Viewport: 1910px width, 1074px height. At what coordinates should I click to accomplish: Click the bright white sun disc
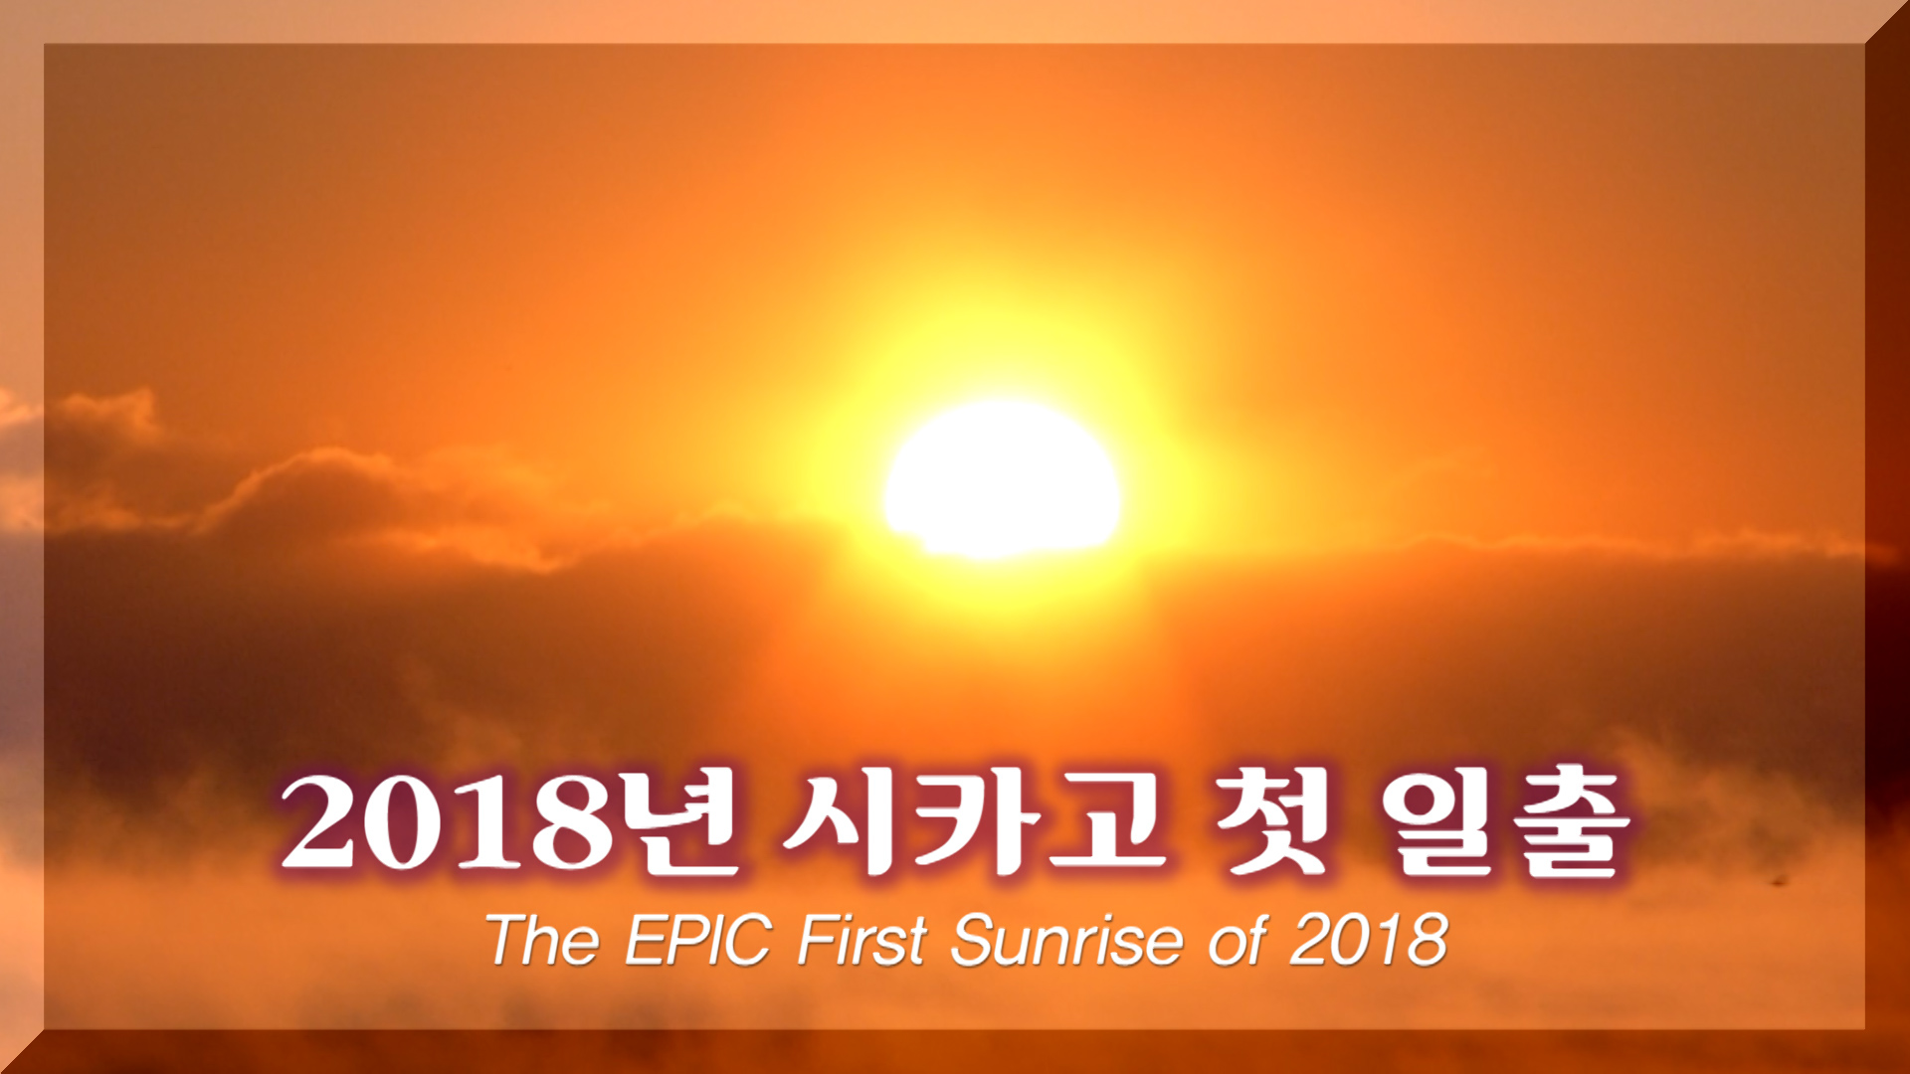(x=1001, y=479)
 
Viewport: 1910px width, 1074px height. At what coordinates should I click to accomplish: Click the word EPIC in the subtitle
(x=698, y=940)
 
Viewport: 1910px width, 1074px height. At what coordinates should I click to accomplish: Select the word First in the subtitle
(x=862, y=940)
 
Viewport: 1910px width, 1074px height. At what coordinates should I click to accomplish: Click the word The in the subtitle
(x=543, y=940)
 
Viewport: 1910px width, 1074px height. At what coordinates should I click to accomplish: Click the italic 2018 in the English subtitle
(x=1369, y=940)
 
